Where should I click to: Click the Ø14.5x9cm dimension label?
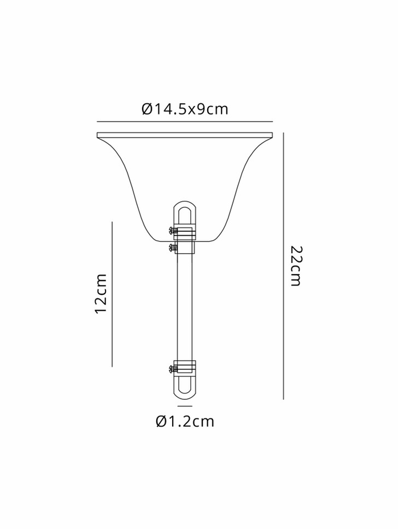coord(185,109)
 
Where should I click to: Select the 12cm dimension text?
coord(101,294)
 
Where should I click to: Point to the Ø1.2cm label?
coord(185,421)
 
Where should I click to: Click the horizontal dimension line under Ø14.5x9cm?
coord(185,121)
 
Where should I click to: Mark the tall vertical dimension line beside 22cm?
coord(283,266)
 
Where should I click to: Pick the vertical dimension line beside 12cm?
coord(112,294)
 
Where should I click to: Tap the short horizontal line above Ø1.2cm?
coord(185,406)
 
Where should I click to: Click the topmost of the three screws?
coord(173,230)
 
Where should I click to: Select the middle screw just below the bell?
coord(173,248)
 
